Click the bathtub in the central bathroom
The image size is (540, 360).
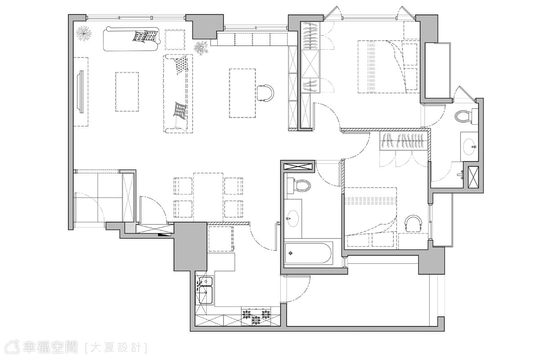click(x=309, y=253)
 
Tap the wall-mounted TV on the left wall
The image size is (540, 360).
click(x=80, y=92)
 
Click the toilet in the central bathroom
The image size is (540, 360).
click(x=298, y=185)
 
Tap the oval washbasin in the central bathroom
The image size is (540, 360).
click(x=292, y=218)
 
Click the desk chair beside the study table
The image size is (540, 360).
click(x=265, y=93)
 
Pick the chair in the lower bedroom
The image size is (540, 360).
click(x=413, y=224)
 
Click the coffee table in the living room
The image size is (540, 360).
click(x=127, y=92)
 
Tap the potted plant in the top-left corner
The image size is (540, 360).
click(x=84, y=33)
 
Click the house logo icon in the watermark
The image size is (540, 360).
click(x=13, y=347)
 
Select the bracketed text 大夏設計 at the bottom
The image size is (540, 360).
click(x=116, y=347)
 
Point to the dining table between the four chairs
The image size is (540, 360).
click(x=208, y=197)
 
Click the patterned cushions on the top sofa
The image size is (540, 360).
click(x=144, y=36)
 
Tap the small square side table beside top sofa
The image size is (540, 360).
click(x=175, y=40)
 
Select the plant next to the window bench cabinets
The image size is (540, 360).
click(x=201, y=48)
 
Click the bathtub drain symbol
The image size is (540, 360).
click(x=291, y=253)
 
